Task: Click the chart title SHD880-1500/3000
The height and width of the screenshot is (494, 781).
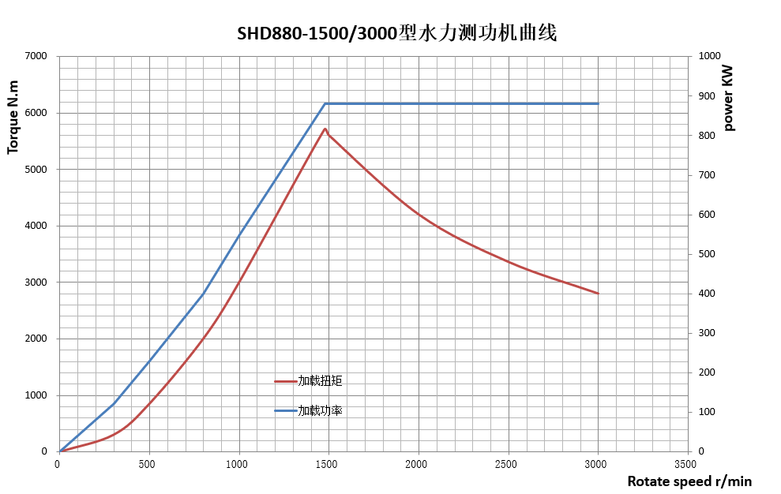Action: [x=397, y=34]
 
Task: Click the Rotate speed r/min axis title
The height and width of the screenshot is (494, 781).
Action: [x=689, y=481]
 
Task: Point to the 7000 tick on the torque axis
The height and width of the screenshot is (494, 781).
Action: [x=36, y=56]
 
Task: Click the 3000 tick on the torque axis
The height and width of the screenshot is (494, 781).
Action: [x=36, y=283]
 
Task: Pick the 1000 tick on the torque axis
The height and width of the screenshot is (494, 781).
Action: [x=36, y=395]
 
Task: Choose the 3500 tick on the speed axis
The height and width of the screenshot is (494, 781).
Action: [x=686, y=464]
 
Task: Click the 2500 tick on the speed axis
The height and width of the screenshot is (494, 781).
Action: [x=507, y=464]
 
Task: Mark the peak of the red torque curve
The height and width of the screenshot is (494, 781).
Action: [x=325, y=129]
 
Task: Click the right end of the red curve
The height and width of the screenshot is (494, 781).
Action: [x=598, y=294]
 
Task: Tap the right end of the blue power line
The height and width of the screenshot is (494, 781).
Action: [x=598, y=103]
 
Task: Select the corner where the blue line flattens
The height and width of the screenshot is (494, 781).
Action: [x=325, y=103]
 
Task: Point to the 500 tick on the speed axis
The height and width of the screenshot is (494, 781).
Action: [x=148, y=464]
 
